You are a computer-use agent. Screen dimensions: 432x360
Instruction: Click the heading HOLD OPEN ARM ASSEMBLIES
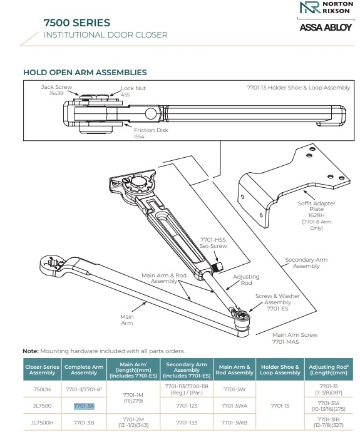85,73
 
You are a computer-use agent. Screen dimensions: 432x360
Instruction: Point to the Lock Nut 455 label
133,91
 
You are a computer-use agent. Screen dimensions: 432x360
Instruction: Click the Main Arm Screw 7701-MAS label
294,339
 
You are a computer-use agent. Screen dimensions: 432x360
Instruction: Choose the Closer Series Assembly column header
41,369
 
